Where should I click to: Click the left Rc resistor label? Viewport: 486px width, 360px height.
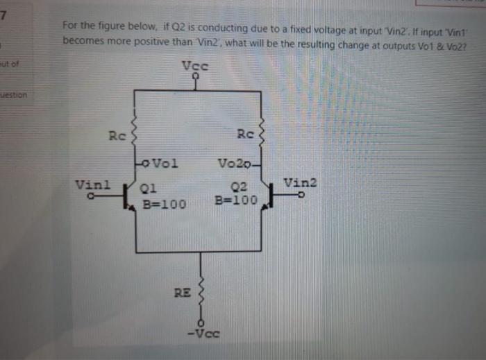pos(116,134)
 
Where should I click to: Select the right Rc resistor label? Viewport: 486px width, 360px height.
pos(245,133)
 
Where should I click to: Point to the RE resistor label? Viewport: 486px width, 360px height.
pos(182,293)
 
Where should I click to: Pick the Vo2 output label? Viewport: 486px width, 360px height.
pos(231,164)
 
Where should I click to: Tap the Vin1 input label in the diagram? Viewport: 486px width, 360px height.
pos(92,185)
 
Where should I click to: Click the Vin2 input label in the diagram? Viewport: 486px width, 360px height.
pos(300,183)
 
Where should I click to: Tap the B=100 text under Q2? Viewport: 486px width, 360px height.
pos(236,201)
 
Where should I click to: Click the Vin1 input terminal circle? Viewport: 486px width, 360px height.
pos(90,196)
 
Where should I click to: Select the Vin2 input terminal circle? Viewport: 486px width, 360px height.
pos(301,196)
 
